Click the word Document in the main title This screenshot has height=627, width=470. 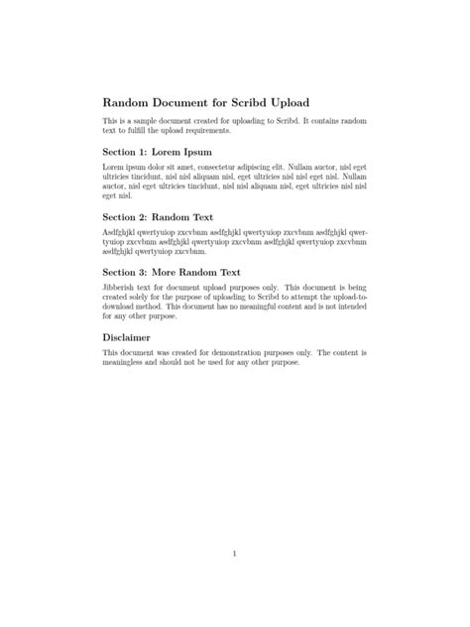pyautogui.click(x=183, y=103)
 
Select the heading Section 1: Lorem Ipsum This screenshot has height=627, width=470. pyautogui.click(x=156, y=152)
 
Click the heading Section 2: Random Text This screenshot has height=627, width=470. pyautogui.click(x=157, y=216)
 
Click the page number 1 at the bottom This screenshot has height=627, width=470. pyautogui.click(x=234, y=554)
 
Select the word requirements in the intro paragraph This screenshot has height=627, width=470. pyautogui.click(x=208, y=130)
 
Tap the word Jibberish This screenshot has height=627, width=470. pyautogui.click(x=121, y=286)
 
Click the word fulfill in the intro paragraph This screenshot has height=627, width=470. pyautogui.click(x=133, y=130)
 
